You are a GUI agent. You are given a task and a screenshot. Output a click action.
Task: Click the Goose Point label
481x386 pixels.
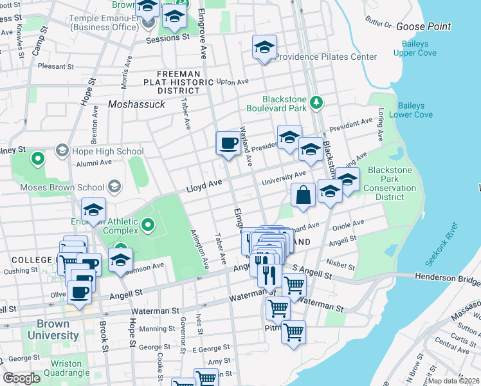[423, 26]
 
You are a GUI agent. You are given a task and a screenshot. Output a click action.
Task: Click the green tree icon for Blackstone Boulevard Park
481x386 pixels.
[316, 102]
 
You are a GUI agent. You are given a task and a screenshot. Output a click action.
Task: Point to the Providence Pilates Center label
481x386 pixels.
[326, 57]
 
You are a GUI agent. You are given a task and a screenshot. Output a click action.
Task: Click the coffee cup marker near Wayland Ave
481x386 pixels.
[228, 143]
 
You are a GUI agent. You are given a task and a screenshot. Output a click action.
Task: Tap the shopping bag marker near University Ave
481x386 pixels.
[303, 196]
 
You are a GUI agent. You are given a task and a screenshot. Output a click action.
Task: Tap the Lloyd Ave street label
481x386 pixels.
[204, 187]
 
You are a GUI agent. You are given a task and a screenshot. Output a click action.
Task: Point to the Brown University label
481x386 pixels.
[49, 329]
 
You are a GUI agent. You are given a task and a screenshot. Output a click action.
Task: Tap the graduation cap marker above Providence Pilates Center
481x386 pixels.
[264, 48]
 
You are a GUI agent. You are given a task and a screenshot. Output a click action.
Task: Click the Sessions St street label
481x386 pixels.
[168, 38]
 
